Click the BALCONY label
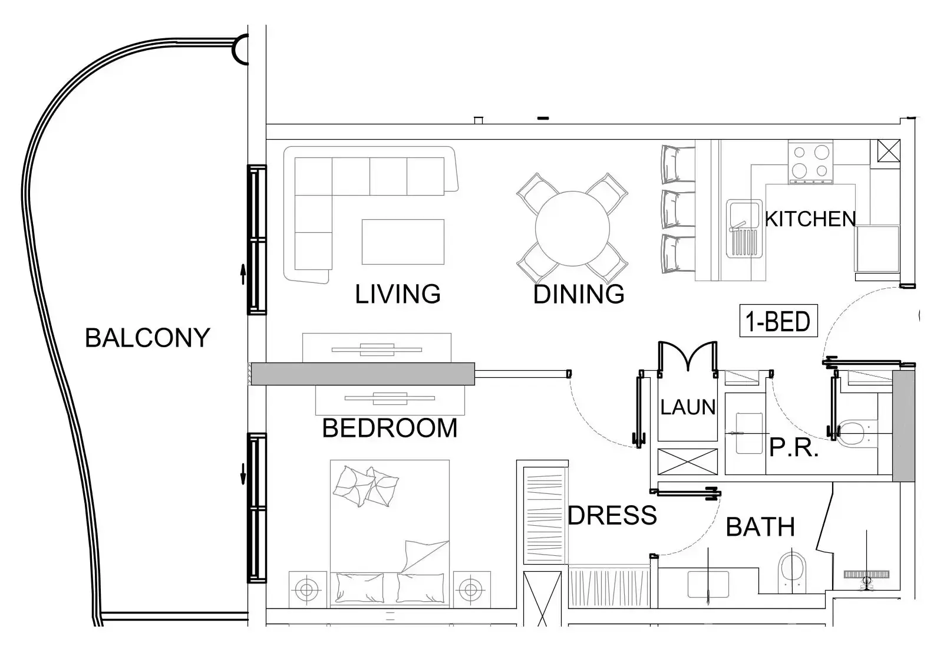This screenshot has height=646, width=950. pos(147,338)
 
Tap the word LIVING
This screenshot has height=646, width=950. pos(398,294)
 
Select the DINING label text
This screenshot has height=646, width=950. pos(579,294)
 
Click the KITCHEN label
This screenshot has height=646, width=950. pos(810,219)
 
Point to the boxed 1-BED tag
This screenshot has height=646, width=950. pos(778,321)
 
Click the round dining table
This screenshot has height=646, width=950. pos(572,228)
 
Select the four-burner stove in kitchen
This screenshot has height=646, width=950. pos(810,161)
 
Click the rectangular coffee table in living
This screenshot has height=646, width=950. pos(403,242)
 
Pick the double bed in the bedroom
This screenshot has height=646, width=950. pos(390,530)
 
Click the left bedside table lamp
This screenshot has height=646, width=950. pos(307,588)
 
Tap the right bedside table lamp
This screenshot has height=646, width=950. pos(471,588)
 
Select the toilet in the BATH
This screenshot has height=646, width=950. pos(791,572)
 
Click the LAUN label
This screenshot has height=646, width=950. pos(688,407)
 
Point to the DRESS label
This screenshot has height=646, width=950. pos(612,516)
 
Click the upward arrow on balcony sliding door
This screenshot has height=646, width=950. pos(243,275)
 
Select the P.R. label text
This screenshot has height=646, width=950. pos(794,449)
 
